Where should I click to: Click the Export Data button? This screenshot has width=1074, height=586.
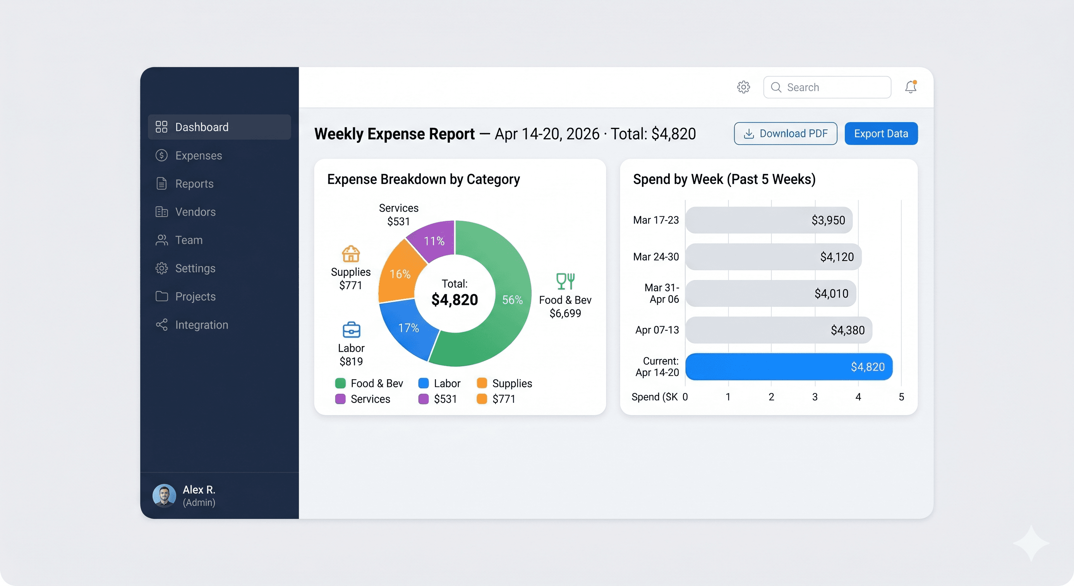(881, 134)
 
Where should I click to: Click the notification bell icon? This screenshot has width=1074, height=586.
(910, 87)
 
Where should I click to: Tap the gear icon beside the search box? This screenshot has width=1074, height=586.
(743, 87)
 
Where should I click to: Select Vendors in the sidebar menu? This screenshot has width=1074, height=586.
(195, 212)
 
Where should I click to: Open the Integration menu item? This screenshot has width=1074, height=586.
(201, 325)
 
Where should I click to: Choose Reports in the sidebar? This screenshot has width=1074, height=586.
(194, 184)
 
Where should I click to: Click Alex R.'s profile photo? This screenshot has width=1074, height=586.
(164, 496)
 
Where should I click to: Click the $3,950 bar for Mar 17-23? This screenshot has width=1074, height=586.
(769, 220)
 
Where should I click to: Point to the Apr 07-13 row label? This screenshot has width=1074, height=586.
(657, 330)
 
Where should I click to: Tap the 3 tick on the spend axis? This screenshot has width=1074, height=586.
(815, 397)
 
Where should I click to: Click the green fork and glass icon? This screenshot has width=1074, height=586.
(565, 281)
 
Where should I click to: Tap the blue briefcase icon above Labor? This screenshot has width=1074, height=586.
(351, 330)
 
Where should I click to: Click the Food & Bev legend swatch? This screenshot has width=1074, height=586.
(340, 383)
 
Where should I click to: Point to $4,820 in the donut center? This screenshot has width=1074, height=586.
(455, 299)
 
